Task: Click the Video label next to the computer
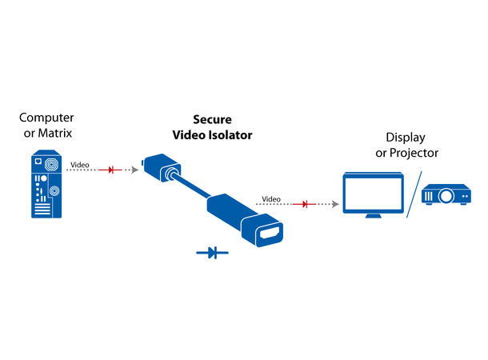point(80,166)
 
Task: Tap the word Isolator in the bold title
point(231,135)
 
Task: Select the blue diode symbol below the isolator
point(212,253)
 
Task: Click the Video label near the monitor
point(272,198)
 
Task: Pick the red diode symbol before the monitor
point(304,204)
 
